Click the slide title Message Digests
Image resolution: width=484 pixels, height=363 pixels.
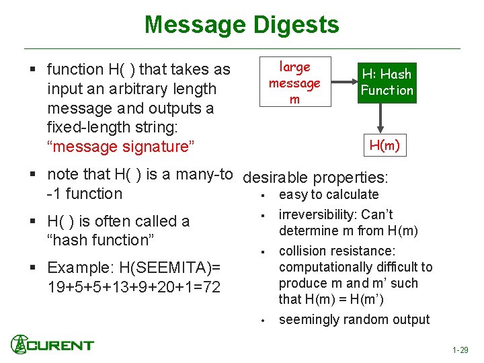click(241, 25)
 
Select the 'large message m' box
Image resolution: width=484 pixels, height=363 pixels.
click(294, 83)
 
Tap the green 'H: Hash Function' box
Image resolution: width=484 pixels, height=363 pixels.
click(387, 82)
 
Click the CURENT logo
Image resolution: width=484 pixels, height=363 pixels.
click(52, 344)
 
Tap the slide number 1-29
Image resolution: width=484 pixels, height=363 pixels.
click(460, 350)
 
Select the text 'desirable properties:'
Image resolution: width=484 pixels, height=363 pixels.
click(315, 178)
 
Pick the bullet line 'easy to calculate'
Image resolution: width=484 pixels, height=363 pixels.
click(329, 194)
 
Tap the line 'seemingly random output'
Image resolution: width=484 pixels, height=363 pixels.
click(354, 319)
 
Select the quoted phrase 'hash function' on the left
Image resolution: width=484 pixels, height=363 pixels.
click(118, 240)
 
